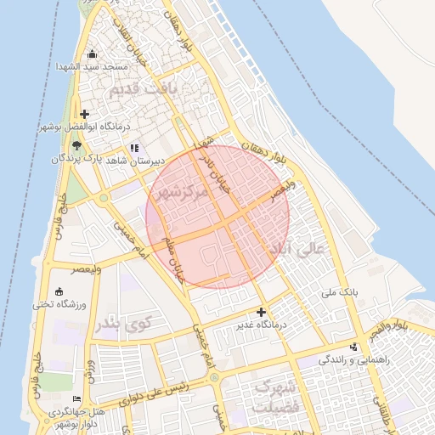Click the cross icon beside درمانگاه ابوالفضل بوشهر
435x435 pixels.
click(83, 115)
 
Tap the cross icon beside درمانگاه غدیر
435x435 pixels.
click(262, 312)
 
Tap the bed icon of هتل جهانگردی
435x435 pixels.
click(77, 398)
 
